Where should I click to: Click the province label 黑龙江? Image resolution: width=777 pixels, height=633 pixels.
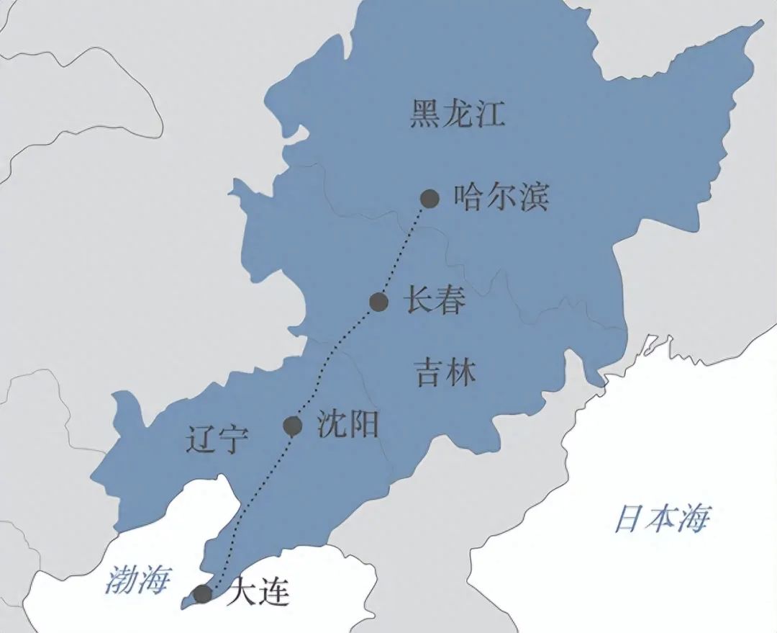tap(458, 115)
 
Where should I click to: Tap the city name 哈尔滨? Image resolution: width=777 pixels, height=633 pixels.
tap(501, 197)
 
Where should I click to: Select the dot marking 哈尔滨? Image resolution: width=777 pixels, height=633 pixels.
tap(430, 198)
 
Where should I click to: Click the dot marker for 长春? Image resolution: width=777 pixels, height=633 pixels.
tap(379, 302)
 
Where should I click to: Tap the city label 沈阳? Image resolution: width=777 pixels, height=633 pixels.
tap(347, 425)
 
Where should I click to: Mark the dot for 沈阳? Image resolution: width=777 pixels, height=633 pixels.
tap(292, 426)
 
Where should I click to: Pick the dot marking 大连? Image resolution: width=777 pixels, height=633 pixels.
tap(203, 594)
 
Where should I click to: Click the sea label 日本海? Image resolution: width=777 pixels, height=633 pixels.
tap(662, 519)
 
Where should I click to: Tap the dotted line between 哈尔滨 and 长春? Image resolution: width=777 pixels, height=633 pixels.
tap(406, 248)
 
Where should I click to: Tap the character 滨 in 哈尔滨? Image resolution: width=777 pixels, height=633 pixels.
tap(533, 197)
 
